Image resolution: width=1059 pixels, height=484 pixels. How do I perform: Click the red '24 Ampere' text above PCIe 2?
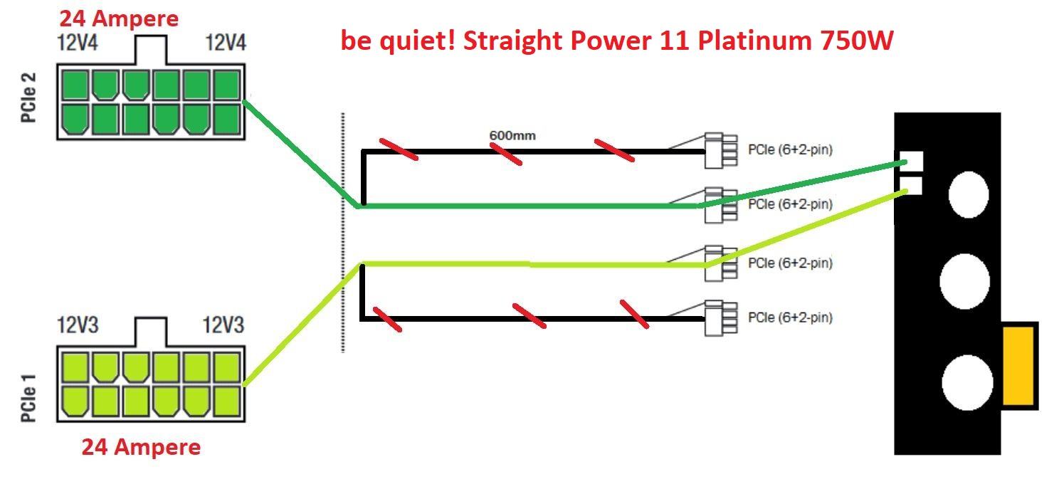[x=119, y=19]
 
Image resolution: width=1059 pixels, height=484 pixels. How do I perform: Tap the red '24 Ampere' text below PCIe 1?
[x=141, y=447]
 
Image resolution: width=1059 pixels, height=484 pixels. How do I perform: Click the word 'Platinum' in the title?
[x=752, y=41]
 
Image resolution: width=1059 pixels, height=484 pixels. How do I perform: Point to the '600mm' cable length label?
[x=512, y=135]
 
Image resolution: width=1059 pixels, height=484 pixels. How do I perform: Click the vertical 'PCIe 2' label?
[x=29, y=96]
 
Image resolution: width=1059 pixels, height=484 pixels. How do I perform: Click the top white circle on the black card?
[x=968, y=194]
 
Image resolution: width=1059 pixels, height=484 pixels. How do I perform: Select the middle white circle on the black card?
[x=964, y=281]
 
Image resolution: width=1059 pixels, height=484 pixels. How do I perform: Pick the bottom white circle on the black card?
[x=967, y=382]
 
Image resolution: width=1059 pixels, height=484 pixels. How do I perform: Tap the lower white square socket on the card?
[x=912, y=185]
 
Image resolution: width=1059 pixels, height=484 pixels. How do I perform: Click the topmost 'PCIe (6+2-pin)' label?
[x=790, y=149]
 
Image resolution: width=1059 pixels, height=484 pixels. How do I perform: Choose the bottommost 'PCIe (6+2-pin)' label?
[x=790, y=317]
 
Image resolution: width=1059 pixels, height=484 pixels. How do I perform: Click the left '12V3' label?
[x=78, y=326]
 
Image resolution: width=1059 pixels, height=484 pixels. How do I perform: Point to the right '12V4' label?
[x=226, y=43]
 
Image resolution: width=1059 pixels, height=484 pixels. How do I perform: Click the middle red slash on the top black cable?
[x=505, y=153]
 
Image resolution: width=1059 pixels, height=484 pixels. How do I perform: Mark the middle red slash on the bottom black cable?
[x=529, y=315]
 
